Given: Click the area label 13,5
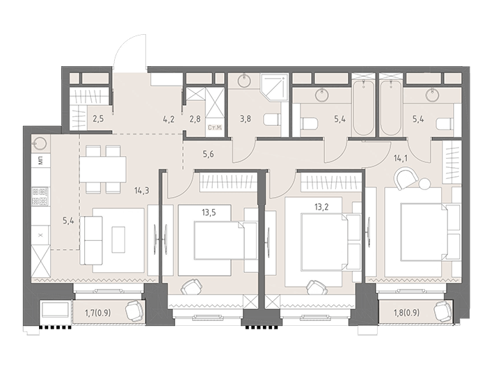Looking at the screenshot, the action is click(209, 213).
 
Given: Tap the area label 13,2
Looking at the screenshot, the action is click(321, 207).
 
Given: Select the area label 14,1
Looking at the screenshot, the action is click(401, 159).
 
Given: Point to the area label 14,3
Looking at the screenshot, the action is click(142, 191).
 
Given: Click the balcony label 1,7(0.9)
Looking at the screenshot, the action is click(98, 313).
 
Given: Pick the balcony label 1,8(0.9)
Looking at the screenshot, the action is click(406, 313).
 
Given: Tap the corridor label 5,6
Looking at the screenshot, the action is click(208, 154).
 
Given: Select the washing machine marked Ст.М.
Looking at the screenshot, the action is click(214, 127).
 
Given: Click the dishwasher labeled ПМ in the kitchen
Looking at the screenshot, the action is click(40, 161).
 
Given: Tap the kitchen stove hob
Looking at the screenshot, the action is click(40, 196).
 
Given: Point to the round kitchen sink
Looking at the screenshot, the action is click(40, 144).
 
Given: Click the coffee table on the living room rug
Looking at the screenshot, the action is click(118, 240).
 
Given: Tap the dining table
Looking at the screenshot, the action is click(103, 169).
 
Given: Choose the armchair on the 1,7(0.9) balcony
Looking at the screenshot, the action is click(134, 311).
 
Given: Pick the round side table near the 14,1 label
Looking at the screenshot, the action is click(424, 183).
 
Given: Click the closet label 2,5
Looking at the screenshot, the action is click(98, 119).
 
